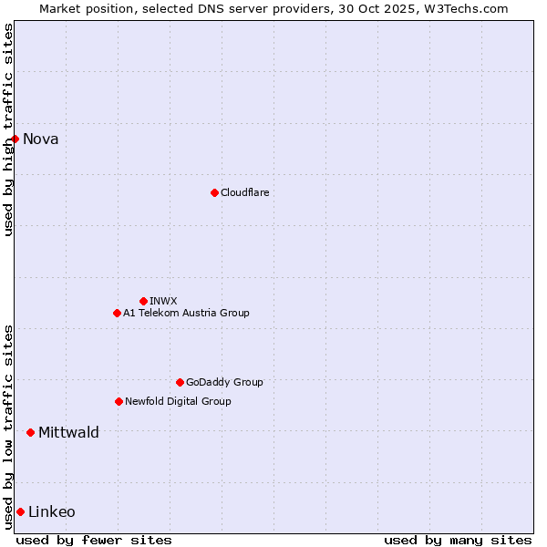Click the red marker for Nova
[x=15, y=139]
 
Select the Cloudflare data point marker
[x=214, y=192]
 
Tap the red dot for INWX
[x=143, y=301]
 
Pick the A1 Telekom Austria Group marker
[x=117, y=313]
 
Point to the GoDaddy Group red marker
[x=180, y=382]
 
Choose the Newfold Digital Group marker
[x=119, y=401]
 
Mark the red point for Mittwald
[x=30, y=432]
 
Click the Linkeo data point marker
[x=20, y=511]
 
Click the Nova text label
[x=41, y=139]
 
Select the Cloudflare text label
[x=245, y=192]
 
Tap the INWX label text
[x=164, y=301]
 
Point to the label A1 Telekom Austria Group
[x=186, y=313]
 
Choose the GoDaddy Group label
[x=224, y=382]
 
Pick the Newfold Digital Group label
[x=178, y=401]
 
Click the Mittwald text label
[x=68, y=432]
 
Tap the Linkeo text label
[x=52, y=511]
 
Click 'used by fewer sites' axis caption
[x=94, y=540]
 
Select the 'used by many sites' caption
[x=458, y=540]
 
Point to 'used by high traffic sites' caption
[x=8, y=129]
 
